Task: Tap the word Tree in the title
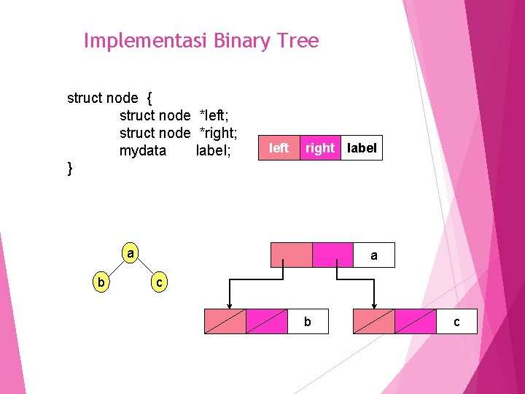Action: [x=297, y=41]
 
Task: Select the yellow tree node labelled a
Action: [x=130, y=254]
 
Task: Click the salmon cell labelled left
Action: [x=279, y=148]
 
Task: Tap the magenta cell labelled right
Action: [x=319, y=148]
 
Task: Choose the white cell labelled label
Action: [x=362, y=148]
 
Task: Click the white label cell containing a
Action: [x=373, y=255]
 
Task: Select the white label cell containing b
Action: [x=308, y=321]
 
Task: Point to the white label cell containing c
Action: [x=456, y=321]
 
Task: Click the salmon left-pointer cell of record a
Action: [x=291, y=255]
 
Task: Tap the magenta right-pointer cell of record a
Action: [x=332, y=255]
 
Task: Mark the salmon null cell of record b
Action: [x=225, y=321]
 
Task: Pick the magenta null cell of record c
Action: [x=415, y=321]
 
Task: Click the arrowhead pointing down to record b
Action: [x=230, y=304]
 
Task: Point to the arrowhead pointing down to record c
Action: [x=374, y=304]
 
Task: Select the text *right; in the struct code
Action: [x=219, y=133]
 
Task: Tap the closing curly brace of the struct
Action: [x=70, y=169]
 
